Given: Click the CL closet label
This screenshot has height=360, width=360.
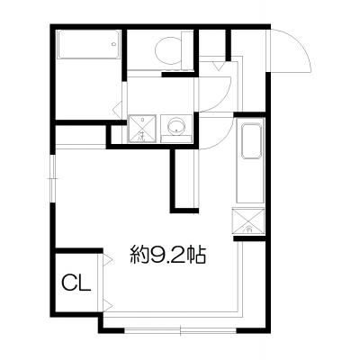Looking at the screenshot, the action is pos(76,283).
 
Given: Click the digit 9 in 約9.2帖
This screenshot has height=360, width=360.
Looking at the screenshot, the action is pos(157,255).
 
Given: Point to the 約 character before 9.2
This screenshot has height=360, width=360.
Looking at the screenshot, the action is pos(139,255).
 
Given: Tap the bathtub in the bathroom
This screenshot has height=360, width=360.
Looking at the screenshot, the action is pos(89,44).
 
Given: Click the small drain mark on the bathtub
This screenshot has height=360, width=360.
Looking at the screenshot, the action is pos(113,44).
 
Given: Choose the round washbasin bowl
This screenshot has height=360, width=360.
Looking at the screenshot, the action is pos(176,127).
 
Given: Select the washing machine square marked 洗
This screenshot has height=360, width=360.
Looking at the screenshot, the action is pos(142,129).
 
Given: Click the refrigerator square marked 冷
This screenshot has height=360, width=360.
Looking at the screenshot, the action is pos(248,221).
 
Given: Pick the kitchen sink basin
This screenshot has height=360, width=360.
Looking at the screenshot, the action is pos(251,141).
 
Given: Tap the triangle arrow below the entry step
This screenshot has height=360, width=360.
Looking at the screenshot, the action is pos(218,66).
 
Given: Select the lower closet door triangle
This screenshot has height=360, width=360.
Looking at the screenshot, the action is pos(107,306).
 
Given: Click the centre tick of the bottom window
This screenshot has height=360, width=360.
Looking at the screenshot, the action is pos(180,330).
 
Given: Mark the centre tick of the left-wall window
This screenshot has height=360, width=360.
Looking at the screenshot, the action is pos(53,179).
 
